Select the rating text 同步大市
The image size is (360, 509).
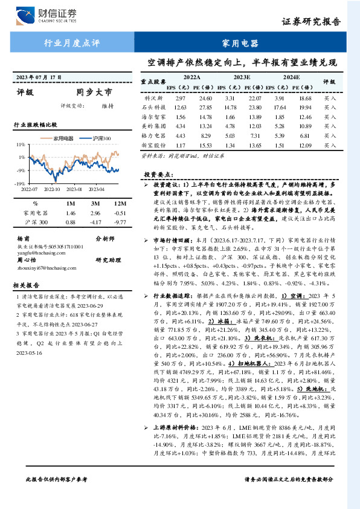tap(94, 93)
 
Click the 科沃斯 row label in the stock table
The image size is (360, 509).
tap(155, 98)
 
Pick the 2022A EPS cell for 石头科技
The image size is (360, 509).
tap(180, 107)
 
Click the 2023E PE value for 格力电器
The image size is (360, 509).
tap(256, 136)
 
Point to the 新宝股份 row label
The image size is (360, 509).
tap(155, 146)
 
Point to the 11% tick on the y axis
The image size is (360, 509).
tap(21, 145)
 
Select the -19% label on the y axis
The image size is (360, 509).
tap(20, 183)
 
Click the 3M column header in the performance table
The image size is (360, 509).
tap(94, 204)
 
